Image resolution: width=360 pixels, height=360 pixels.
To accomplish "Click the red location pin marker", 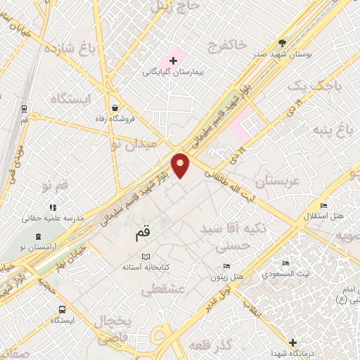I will pyautogui.click(x=181, y=165).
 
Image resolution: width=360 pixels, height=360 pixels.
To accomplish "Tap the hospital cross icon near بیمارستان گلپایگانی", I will pyautogui.click(x=174, y=62).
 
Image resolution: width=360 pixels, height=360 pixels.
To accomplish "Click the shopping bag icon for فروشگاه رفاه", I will pyautogui.click(x=114, y=108).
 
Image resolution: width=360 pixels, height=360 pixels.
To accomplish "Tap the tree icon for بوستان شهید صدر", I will pyautogui.click(x=283, y=43).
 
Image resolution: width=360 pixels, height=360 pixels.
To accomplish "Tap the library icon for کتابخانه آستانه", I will pyautogui.click(x=146, y=257).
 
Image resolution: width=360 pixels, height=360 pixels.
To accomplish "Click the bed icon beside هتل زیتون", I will pyautogui.click(x=226, y=266).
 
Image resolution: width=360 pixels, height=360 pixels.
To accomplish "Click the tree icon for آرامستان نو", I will pyautogui.click(x=37, y=236).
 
